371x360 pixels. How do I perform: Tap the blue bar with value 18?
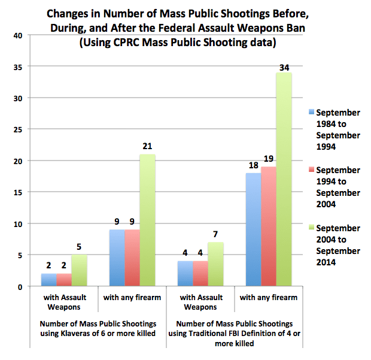[253, 230]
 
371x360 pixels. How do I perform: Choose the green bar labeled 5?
[80, 271]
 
